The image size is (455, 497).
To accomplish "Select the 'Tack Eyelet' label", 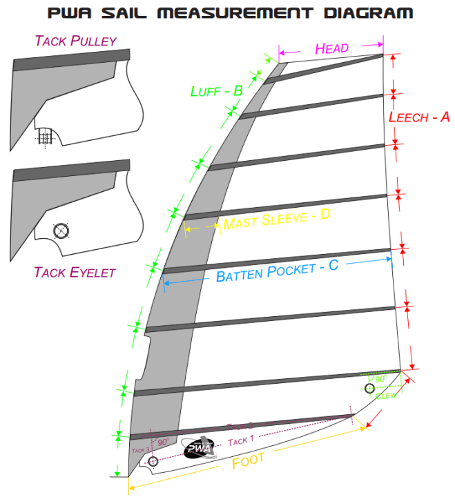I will pos(75,272).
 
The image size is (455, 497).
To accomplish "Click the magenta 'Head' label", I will pos(331,48).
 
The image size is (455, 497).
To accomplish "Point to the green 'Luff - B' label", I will pos(216,90).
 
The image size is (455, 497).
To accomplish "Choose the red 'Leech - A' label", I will pos(418,117).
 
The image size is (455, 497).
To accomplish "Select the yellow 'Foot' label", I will pos(248,461).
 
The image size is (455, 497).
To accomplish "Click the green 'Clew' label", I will pos(386,395).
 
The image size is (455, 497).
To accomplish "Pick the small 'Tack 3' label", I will pos(140,449).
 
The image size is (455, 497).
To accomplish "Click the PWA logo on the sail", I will pos(200,449).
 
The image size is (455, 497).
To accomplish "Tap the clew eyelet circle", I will pos(370,389).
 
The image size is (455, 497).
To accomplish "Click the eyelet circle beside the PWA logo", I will pos(153,461).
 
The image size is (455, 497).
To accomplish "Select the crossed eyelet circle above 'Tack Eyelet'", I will pos(61,231).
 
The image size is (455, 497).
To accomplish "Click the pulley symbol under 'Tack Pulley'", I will pos(46,137).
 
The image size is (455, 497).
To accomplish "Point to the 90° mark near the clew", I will pos(379,379).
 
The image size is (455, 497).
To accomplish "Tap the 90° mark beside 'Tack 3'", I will pos(162,442).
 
